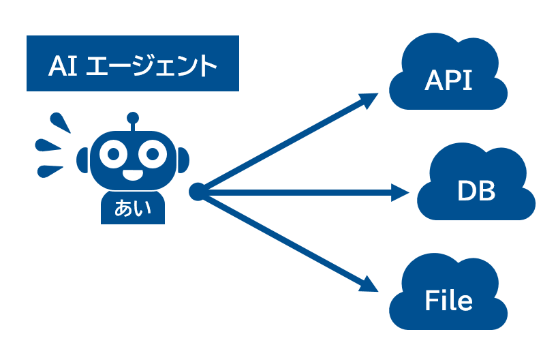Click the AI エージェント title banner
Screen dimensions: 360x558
click(133, 63)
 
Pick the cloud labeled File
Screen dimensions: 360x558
click(449, 297)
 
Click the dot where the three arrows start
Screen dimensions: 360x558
click(197, 192)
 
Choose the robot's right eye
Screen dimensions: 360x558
click(152, 154)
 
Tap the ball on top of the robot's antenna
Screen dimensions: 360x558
click(133, 117)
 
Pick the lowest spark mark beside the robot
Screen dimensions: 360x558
click(52, 170)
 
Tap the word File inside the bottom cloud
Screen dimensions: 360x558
click(448, 300)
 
